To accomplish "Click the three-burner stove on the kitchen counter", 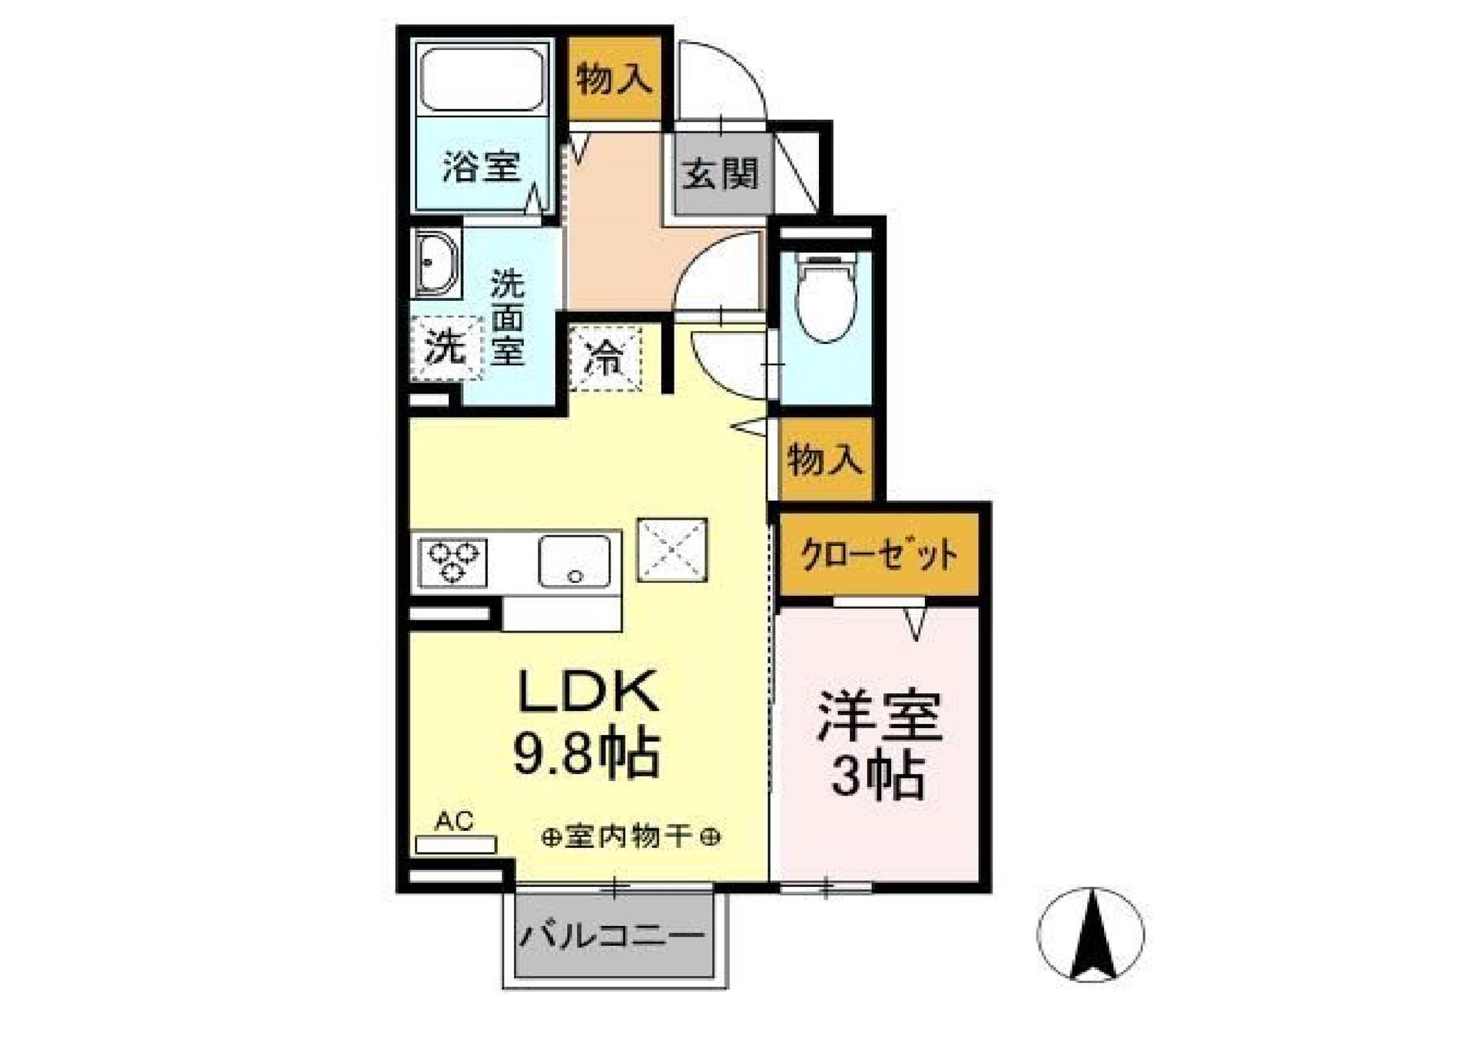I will pos(452,562).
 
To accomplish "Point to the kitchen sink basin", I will pos(575,561).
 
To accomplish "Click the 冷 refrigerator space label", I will pos(605,359).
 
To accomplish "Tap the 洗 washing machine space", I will pos(446,346).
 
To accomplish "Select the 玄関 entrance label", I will pos(721,174).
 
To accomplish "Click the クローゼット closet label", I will pos(879,554).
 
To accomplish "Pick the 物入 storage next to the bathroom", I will pos(614,78).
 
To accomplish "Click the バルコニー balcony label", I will pos(613,936).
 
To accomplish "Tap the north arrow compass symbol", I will pos(1090,934).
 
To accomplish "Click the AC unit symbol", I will pos(456,844).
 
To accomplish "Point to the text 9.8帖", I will pos(585,754).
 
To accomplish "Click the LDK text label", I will pos(588,691).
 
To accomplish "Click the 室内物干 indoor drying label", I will pos(630,836).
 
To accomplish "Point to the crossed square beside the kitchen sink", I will pos(672,550).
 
